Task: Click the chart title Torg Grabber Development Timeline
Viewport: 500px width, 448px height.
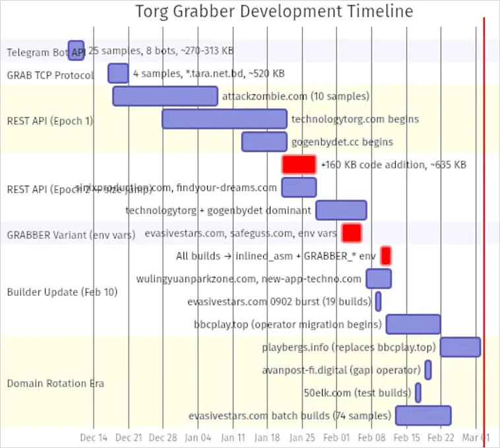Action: (x=274, y=11)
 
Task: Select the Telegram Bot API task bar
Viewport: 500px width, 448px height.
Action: (x=76, y=50)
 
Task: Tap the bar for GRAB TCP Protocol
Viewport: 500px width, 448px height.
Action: (x=118, y=73)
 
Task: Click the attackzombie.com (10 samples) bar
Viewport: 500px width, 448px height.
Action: (x=165, y=96)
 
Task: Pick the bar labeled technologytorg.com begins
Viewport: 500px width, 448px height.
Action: (x=224, y=119)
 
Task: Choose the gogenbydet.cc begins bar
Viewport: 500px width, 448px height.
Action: (x=264, y=141)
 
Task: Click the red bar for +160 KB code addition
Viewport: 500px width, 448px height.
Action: (x=299, y=165)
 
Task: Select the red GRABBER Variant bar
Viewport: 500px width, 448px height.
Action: (x=351, y=233)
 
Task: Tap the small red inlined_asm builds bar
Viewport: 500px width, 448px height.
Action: (x=386, y=256)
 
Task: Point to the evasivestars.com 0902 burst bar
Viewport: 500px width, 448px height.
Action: (x=378, y=301)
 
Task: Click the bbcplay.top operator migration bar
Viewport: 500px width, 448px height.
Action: (x=413, y=324)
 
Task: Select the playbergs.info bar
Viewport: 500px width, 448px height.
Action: (x=460, y=347)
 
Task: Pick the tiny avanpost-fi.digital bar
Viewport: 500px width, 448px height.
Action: (x=428, y=369)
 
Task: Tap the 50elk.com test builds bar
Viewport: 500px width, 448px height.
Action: (x=418, y=392)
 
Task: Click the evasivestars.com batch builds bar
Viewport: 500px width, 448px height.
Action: (x=423, y=415)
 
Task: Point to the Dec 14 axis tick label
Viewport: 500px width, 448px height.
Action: (x=94, y=437)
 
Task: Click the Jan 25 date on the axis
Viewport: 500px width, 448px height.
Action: (x=302, y=437)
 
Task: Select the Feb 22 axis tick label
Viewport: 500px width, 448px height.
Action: (x=441, y=437)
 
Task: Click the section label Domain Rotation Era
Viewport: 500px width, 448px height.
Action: (x=55, y=383)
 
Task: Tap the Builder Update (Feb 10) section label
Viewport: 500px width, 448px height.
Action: (x=62, y=291)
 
